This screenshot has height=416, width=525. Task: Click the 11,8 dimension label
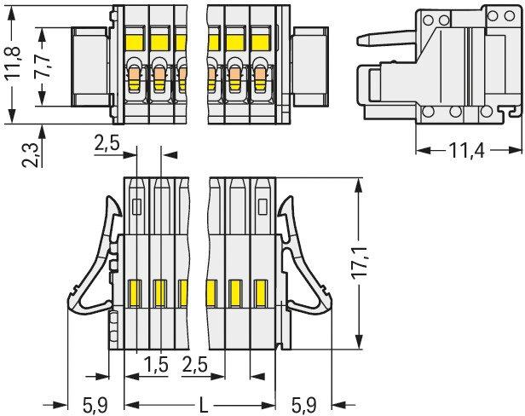pyautogui.click(x=13, y=63)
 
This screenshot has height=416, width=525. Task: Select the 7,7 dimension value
pyautogui.click(x=43, y=66)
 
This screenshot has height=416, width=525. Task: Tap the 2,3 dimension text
pyautogui.click(x=31, y=154)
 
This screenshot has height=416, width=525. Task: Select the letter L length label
pyautogui.click(x=203, y=405)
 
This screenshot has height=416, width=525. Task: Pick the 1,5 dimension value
pyautogui.click(x=156, y=364)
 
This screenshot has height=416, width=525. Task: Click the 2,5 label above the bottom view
pyautogui.click(x=107, y=144)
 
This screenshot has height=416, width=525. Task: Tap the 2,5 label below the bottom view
pyautogui.click(x=195, y=364)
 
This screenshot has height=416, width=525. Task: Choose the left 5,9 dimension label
pyautogui.click(x=95, y=405)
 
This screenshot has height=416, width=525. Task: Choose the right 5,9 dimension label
pyautogui.click(x=303, y=405)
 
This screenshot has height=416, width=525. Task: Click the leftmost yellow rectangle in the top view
pyautogui.click(x=135, y=43)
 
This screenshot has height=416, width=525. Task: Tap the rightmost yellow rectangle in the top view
pyautogui.click(x=260, y=43)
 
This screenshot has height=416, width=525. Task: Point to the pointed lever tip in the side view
pyautogui.click(x=359, y=41)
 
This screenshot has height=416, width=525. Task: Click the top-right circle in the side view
pyautogui.click(x=510, y=15)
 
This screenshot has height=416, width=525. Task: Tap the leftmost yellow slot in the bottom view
pyautogui.click(x=135, y=293)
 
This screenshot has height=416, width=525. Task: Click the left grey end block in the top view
pyautogui.click(x=91, y=67)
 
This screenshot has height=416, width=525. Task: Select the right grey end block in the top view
pyautogui.click(x=311, y=67)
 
